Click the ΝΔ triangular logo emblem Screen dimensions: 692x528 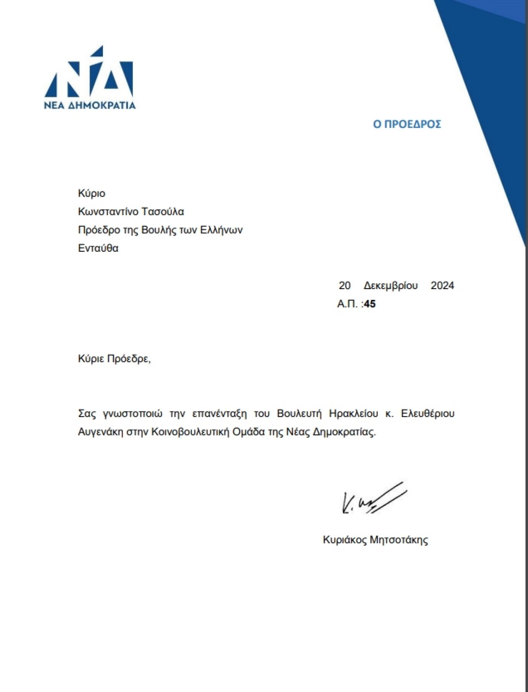coord(89,74)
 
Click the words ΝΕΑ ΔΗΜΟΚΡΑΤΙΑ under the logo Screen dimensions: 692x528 coord(90,105)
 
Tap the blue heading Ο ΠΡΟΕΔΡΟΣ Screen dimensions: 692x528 coord(407,124)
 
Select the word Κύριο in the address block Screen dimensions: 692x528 coord(92,193)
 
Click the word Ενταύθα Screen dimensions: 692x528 coord(98,248)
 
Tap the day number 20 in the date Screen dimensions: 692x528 coord(344,286)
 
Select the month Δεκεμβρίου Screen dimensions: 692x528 coord(391,286)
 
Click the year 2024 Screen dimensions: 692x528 coord(442,286)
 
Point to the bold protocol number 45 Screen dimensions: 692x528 coord(370,304)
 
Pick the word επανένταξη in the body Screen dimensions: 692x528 coord(219,413)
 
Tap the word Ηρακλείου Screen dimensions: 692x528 coord(353,413)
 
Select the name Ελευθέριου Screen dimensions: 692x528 coord(427,413)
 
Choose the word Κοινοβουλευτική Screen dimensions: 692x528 coord(190,432)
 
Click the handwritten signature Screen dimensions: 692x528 coord(373,500)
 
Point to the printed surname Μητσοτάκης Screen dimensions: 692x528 coord(399,540)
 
